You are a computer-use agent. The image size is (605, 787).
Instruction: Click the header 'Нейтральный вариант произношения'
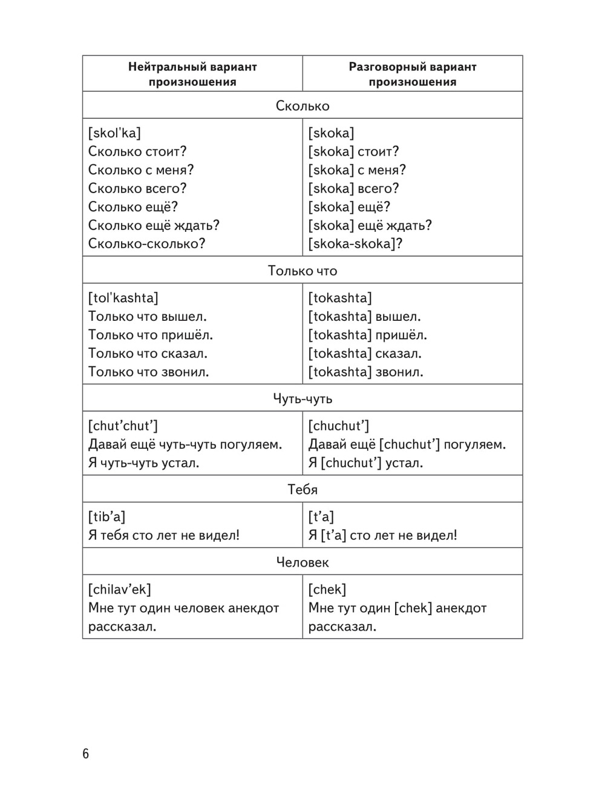coord(192,74)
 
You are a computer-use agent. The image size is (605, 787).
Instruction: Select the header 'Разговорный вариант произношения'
coord(413,74)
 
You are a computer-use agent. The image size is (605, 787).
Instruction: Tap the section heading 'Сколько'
coord(302,106)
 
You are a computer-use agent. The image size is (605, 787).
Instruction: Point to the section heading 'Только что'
coord(302,271)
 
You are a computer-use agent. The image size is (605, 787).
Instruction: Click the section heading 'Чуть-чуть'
coord(302,398)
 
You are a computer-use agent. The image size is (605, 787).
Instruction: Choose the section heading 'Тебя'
coord(302,489)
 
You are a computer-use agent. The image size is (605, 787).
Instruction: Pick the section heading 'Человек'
coord(302,562)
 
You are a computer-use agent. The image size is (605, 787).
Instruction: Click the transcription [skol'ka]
coord(114,133)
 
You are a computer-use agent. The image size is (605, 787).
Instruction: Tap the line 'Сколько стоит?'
coord(137,151)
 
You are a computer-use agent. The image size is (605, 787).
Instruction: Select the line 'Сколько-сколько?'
coord(147,243)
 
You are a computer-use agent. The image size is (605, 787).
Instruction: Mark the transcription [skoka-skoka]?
coord(355,243)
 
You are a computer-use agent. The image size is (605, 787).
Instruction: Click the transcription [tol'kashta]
coord(123,298)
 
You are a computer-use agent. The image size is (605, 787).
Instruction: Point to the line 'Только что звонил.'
coord(149,372)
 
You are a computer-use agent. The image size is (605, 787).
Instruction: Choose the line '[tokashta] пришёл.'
coord(367,335)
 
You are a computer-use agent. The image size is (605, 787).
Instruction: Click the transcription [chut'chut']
coord(123,426)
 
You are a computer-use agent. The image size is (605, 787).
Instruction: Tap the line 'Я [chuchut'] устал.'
coord(365,463)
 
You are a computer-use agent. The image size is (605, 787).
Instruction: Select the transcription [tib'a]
coord(106,516)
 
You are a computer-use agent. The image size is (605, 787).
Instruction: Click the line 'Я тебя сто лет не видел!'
coord(164,535)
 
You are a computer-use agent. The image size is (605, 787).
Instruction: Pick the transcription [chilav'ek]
coord(120,589)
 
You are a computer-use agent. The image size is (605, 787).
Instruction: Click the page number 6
coord(85,754)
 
